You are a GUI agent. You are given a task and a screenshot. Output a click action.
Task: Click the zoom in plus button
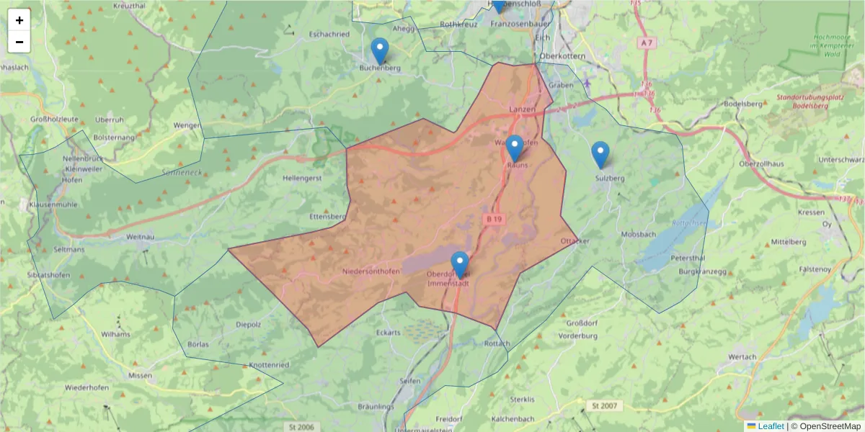point(19,20)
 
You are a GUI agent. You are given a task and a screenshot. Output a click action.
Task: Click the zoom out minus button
point(19,42)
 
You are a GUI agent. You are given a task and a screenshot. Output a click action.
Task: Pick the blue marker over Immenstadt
point(460,265)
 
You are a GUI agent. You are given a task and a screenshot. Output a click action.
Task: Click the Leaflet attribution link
point(771,426)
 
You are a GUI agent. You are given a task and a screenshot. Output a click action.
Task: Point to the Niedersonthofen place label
point(371,271)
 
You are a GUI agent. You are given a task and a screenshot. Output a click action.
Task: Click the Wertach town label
point(742,357)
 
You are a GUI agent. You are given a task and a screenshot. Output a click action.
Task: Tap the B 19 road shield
point(493,218)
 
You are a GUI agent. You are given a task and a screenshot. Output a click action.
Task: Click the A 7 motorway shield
point(647,43)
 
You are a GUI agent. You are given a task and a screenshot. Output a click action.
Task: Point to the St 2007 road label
point(604,406)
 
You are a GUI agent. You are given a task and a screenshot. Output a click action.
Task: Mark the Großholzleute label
point(55,120)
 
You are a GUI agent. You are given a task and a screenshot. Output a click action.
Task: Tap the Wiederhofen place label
point(86,387)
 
